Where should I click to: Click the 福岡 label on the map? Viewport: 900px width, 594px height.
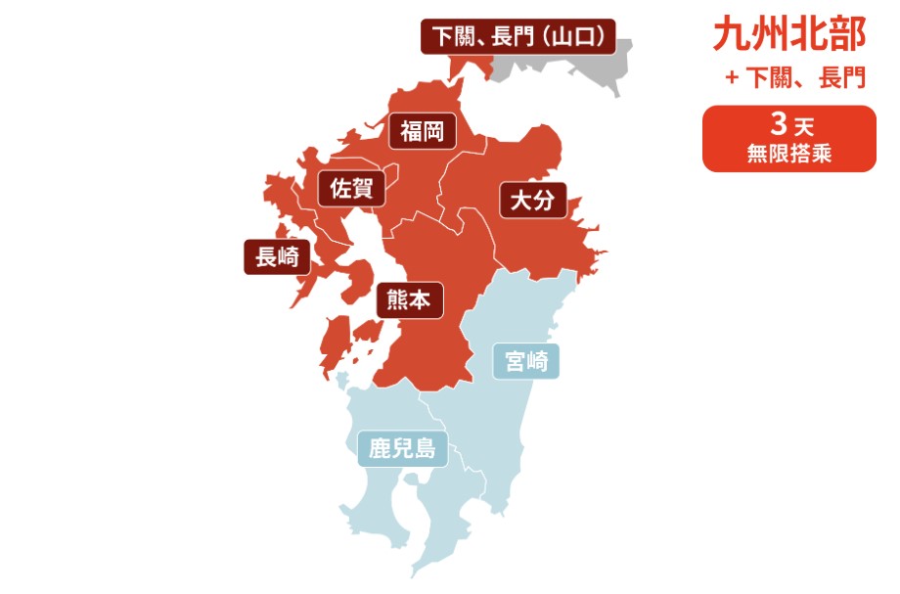423,131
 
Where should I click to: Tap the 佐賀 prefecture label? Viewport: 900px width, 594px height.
351,189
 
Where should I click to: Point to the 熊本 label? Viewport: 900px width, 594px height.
410,300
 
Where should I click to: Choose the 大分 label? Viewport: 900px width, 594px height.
533,202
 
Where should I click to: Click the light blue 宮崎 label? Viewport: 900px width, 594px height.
525,361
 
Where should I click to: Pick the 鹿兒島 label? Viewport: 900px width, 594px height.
401,449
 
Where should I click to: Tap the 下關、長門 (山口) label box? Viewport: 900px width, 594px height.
518,37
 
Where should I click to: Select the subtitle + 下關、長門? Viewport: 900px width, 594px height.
795,78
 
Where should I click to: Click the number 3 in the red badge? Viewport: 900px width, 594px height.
779,125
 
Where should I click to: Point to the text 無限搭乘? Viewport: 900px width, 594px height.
788,154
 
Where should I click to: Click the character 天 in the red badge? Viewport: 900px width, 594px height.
804,127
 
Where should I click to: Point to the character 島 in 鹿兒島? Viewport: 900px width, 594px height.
424,449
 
